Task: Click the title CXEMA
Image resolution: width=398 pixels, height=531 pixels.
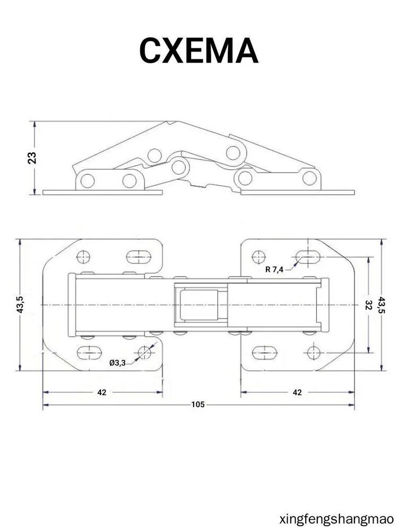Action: coord(198,50)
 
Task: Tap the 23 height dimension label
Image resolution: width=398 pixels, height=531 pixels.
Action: coord(32,158)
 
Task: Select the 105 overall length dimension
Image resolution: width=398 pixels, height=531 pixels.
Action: coord(198,404)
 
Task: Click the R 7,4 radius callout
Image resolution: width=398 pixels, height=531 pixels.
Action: coord(274,270)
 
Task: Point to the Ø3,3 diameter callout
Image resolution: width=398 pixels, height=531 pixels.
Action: coord(117,363)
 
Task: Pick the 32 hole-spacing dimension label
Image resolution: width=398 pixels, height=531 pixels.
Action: coord(369,305)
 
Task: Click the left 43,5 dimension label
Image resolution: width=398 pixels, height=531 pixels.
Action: coord(20,304)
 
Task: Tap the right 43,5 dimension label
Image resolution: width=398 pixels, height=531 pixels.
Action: coord(382,305)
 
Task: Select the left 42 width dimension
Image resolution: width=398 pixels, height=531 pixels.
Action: coord(102,392)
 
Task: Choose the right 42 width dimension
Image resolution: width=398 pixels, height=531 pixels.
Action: coord(297,392)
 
